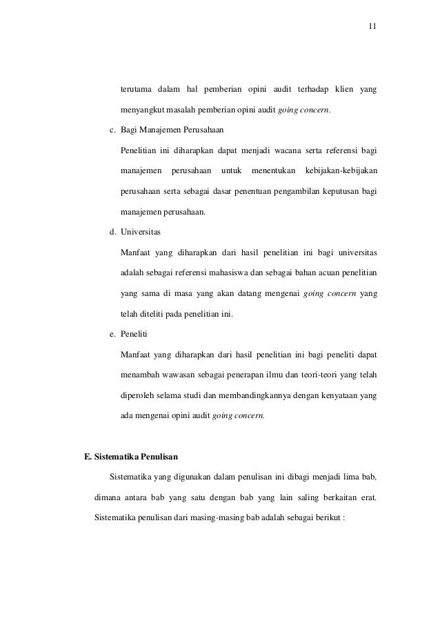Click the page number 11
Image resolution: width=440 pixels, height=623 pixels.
[372, 27]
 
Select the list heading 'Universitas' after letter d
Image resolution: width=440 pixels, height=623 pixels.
[140, 231]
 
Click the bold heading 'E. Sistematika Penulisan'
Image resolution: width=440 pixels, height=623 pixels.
[131, 455]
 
